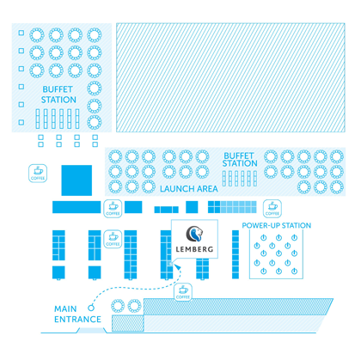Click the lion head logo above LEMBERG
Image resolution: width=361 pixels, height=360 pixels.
195,234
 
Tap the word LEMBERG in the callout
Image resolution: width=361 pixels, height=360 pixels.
194,249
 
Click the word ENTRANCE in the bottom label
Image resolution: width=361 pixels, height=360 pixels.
77,320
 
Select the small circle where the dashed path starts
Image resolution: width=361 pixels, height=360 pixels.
91,308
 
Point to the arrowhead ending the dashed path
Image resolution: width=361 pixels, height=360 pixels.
178,266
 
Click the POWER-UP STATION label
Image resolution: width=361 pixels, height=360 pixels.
277,225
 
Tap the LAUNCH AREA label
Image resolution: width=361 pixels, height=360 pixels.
189,189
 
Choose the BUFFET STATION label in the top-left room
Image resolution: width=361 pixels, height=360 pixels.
58,95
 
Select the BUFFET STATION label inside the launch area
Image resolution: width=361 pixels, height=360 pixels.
240,160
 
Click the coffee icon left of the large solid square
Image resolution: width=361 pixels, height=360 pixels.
38,174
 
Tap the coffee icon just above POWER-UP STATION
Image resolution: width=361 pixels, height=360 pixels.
272,209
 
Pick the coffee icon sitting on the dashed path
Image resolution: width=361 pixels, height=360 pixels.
183,292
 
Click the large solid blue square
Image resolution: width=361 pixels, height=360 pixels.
76,180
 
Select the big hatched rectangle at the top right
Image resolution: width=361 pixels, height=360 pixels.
230,77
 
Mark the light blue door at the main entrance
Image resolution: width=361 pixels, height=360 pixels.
92,331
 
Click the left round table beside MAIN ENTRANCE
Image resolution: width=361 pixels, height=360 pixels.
118,306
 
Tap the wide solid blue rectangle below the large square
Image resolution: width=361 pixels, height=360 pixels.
76,207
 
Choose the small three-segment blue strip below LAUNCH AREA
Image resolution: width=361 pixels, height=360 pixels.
167,210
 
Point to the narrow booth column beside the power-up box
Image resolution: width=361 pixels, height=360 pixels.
236,254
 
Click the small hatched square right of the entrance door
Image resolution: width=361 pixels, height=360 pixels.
128,323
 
